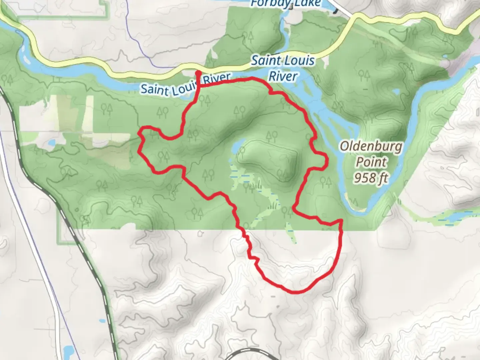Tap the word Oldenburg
coord(371,147)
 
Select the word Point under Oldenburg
coord(371,162)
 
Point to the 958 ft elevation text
coord(371,178)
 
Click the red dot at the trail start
coord(198,72)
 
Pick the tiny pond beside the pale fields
coord(51,144)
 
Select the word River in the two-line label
coord(283,76)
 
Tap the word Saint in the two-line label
coord(264,61)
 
